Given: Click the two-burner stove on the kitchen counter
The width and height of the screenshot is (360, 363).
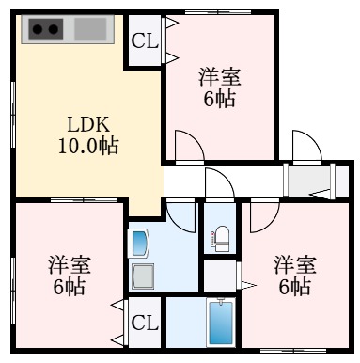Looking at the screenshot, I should coord(45,29).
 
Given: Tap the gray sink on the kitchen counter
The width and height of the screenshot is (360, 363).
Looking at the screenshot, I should coord(90,29).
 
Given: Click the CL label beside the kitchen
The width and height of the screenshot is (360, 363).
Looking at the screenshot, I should coord(144,40).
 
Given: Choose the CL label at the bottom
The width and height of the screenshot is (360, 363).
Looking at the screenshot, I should coord(144,324).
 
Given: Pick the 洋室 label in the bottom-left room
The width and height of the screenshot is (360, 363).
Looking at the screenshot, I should coord(68,264).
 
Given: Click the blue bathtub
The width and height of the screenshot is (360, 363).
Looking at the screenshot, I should coord(220,324).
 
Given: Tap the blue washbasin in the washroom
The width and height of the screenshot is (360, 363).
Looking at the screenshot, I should coord(140,245).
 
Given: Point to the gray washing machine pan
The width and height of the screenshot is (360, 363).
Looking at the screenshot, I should coord(143,276).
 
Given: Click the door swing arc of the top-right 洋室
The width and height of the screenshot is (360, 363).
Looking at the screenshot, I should coord(187,146).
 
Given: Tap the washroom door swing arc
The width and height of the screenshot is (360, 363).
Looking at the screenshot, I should coord(179,212).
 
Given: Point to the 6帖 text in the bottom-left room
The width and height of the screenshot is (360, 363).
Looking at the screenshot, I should coord(68,288).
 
